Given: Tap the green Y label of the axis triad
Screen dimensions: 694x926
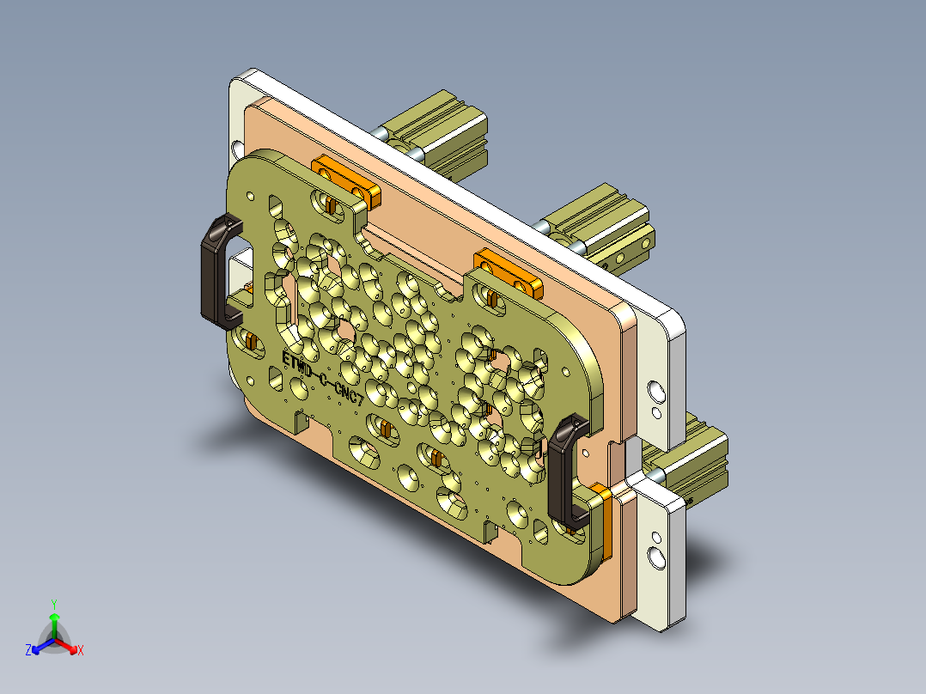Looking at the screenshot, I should pos(53,603).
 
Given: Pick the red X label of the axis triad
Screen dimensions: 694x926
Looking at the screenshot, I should pos(81,651).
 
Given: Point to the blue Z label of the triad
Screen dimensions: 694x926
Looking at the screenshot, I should pos(28,651).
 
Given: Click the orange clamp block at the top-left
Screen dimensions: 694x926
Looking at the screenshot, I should pos(344,178).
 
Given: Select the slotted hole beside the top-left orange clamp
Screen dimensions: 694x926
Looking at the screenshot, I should pos(329,202).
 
